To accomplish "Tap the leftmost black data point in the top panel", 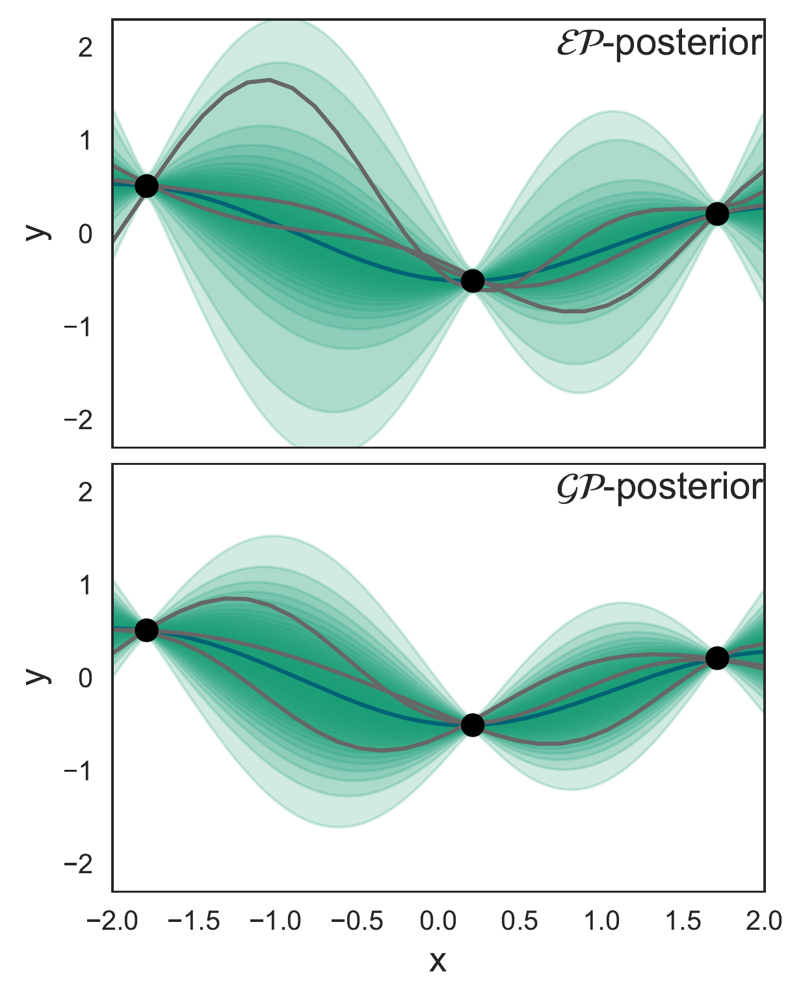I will tap(146, 186).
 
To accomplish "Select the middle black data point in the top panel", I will tap(473, 281).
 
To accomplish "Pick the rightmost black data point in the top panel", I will tap(717, 213).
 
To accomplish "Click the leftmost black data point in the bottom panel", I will tap(146, 630).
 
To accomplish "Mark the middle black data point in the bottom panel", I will tap(473, 725).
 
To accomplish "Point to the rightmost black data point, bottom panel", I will tap(717, 658).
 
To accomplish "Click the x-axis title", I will tap(438, 962).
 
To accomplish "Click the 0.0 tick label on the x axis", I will tap(438, 921).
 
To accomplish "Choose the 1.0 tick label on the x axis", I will tap(601, 921).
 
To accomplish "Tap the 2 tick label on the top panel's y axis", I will tap(85, 48).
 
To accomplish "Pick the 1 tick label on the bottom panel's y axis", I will tap(85, 586).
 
